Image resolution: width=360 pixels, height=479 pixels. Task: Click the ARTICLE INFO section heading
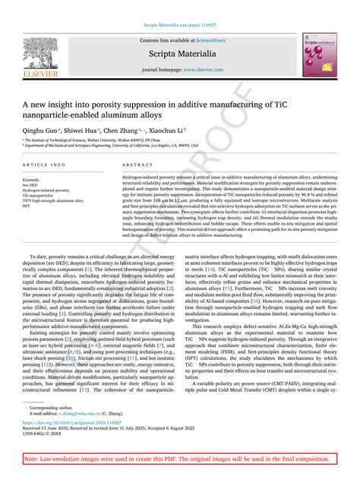click(44, 165)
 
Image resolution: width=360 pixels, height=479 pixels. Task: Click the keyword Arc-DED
click(32, 185)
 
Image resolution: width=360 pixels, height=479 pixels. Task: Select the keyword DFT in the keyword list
click(27, 206)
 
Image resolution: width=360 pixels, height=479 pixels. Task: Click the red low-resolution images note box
click(179, 459)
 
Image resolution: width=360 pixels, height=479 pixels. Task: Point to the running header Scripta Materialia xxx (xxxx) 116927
click(179, 24)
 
